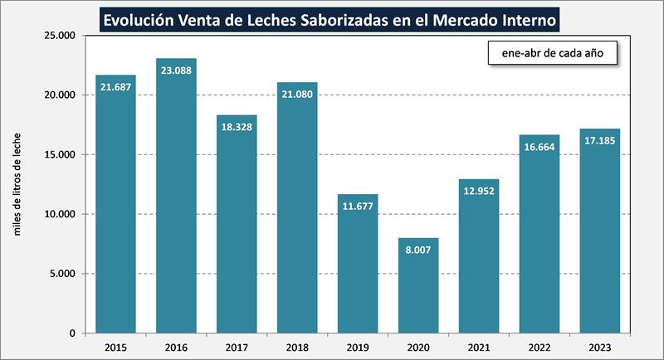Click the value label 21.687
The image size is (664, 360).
115,87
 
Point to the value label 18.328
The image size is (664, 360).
237,127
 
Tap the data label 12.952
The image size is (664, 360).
479,191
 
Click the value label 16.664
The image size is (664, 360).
539,147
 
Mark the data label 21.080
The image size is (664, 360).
297,94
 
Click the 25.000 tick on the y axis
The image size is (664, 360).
59,36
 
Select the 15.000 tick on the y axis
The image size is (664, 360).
59,154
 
